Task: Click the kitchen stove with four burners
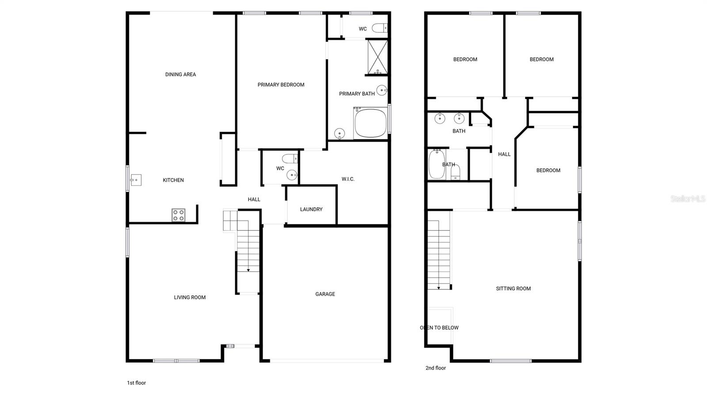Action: point(179,215)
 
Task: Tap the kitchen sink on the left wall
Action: point(136,180)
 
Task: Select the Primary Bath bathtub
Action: point(370,124)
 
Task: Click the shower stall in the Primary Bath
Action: point(377,57)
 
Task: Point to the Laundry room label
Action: point(311,209)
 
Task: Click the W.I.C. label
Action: point(348,179)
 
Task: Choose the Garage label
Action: point(325,294)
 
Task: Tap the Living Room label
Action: point(190,297)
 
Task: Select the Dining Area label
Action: point(180,74)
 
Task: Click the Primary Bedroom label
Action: point(281,85)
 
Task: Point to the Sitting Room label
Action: point(513,288)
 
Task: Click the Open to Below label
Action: point(439,328)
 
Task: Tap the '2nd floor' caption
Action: point(436,368)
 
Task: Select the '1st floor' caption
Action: point(136,383)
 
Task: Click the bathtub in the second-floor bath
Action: point(437,164)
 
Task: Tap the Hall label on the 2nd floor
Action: point(504,154)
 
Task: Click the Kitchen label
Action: point(173,180)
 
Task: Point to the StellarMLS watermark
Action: point(688,199)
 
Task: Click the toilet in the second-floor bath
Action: point(456,172)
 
